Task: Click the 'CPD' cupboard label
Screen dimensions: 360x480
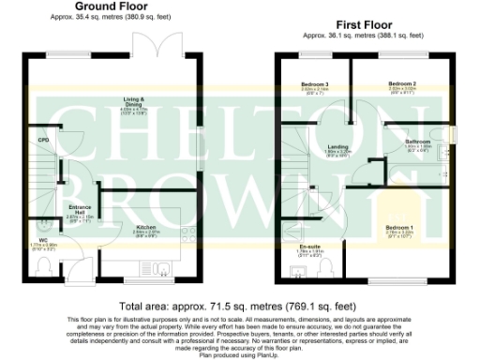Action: pos(43,141)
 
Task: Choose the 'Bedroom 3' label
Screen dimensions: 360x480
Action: pos(314,84)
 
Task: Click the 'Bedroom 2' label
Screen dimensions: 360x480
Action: pos(402,84)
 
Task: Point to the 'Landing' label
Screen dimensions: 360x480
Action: pos(337,145)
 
